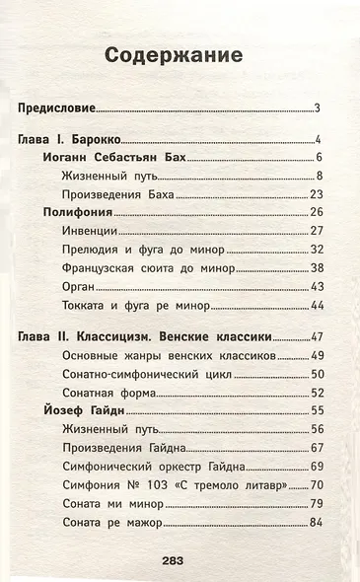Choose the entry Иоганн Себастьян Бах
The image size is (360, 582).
pos(115,157)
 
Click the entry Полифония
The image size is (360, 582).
pos(77,212)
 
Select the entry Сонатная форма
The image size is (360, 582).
pos(110,390)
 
